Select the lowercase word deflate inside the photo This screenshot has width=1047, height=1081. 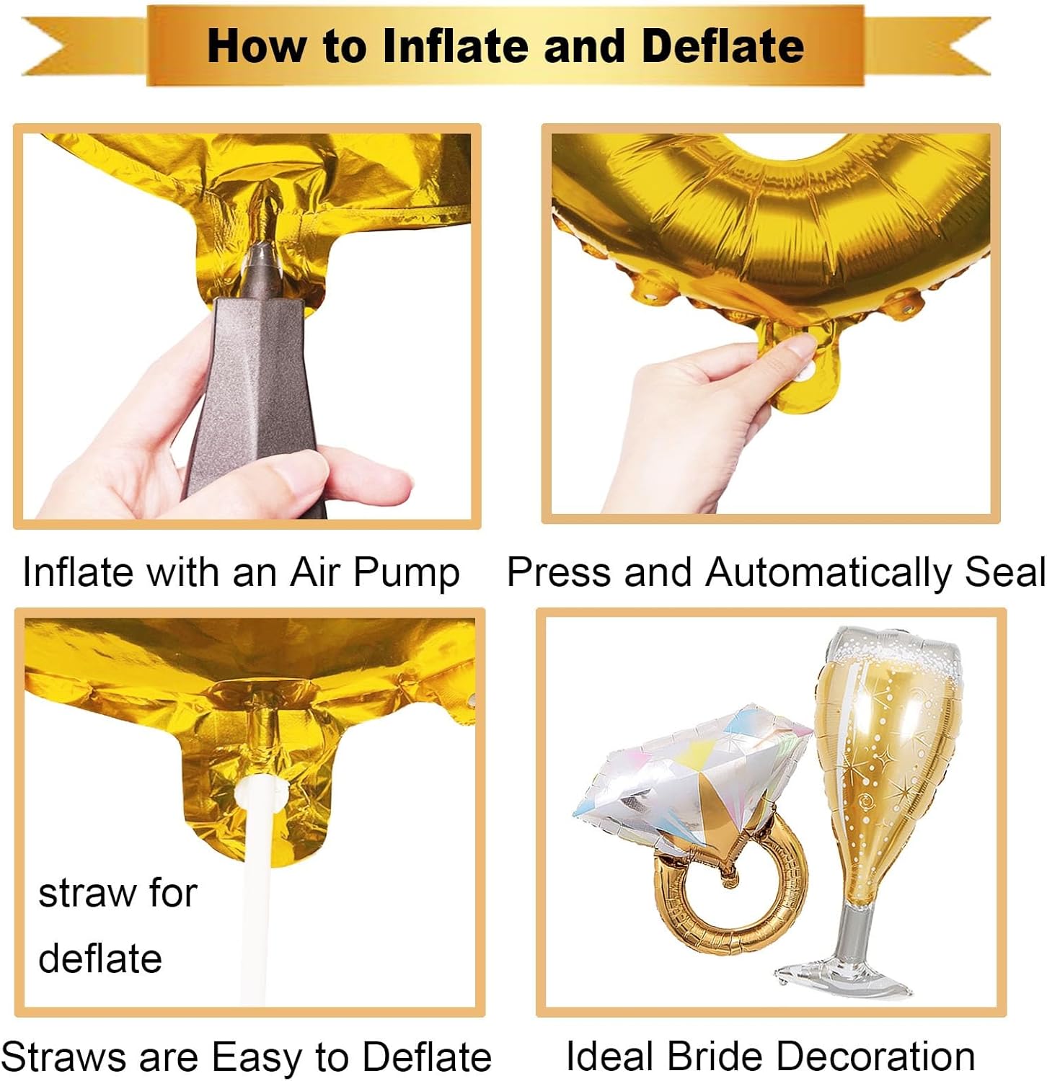(x=100, y=958)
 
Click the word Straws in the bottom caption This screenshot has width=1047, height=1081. (x=66, y=1057)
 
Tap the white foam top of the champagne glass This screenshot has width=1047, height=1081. (x=894, y=652)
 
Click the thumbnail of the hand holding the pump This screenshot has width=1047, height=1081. (x=247, y=326)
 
